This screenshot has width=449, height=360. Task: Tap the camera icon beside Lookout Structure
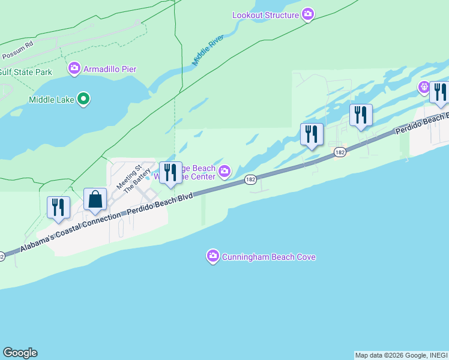pos(308,14)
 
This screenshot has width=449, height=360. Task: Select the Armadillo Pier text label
pos(110,69)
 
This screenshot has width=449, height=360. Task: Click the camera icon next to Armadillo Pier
pos(74,69)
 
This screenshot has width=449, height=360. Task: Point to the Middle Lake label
pos(51,99)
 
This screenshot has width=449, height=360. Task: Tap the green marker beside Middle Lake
pos(84,99)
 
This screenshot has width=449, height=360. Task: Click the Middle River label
pos(208,50)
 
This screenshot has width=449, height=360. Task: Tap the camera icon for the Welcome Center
pos(224,172)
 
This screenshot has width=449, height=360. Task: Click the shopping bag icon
pos(95,199)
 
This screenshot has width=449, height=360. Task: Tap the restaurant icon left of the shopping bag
pos(58,207)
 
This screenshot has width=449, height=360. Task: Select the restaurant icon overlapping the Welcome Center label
pos(170,173)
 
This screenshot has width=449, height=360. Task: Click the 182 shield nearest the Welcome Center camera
pos(251,180)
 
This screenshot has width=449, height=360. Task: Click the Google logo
pos(20,353)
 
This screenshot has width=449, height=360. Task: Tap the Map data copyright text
pos(401,355)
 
